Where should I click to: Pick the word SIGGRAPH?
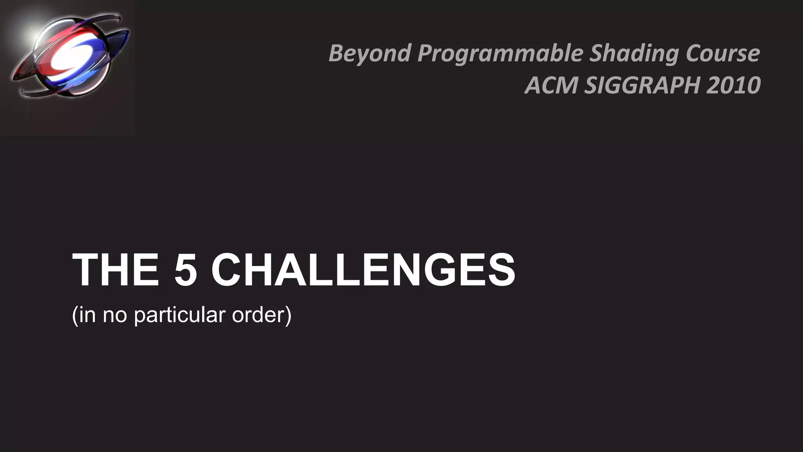pyautogui.click(x=642, y=85)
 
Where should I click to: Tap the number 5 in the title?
pyautogui.click(x=185, y=270)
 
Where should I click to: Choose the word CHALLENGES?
pyautogui.click(x=363, y=270)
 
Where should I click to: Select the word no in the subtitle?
pyautogui.click(x=114, y=315)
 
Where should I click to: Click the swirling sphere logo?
pyautogui.click(x=71, y=55)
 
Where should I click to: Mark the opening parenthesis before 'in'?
pyautogui.click(x=74, y=315)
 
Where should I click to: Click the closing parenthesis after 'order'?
pyautogui.click(x=289, y=315)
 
